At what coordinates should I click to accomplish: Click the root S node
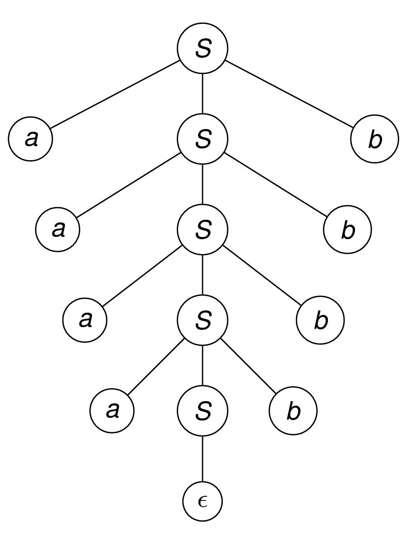[202, 49]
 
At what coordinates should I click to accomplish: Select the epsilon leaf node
[202, 501]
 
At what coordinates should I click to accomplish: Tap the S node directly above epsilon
[202, 411]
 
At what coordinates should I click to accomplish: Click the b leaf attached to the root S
[374, 139]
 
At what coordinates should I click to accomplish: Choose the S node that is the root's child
[202, 139]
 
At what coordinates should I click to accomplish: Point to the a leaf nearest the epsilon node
[112, 411]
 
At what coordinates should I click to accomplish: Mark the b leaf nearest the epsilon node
[293, 411]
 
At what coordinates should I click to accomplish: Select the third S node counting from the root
[202, 230]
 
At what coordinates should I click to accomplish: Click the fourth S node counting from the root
[202, 320]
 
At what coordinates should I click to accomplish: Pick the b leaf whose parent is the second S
[347, 230]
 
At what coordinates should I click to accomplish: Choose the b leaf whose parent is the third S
[320, 320]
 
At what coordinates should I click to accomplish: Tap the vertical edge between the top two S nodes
[202, 94]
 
